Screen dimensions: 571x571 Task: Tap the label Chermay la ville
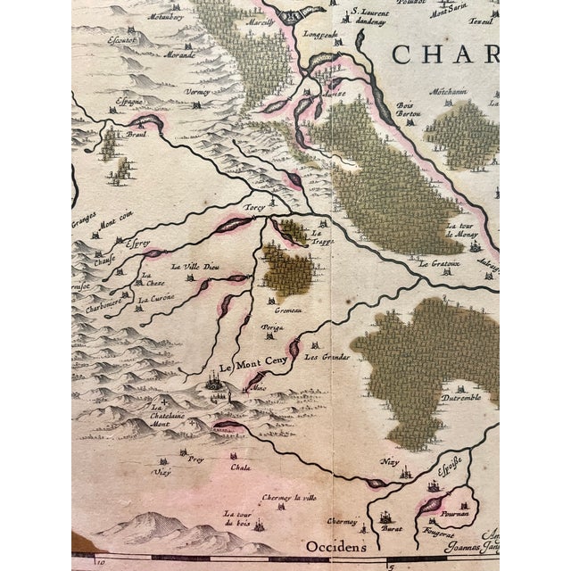[x=288, y=498]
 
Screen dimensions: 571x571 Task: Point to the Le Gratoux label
[x=434, y=264]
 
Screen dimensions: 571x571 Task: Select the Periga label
[x=272, y=328]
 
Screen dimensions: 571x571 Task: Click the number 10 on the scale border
[x=102, y=563]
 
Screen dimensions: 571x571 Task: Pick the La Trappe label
[x=319, y=237]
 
